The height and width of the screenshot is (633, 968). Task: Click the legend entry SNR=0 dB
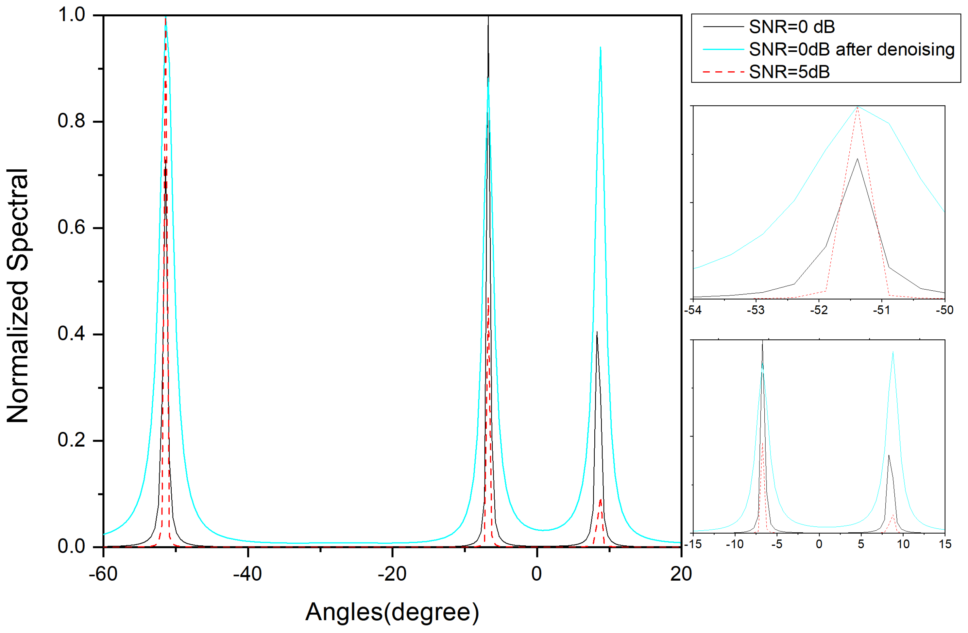pyautogui.click(x=791, y=27)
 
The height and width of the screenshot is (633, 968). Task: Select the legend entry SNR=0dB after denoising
pyautogui.click(x=852, y=49)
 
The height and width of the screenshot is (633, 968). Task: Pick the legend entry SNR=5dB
pyautogui.click(x=789, y=72)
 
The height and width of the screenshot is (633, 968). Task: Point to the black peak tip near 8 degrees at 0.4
pyautogui.click(x=597, y=333)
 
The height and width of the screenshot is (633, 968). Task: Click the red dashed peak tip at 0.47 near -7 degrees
pyautogui.click(x=488, y=298)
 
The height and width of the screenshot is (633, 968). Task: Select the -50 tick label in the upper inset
pyautogui.click(x=944, y=310)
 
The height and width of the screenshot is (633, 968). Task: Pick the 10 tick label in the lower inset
pyautogui.click(x=903, y=544)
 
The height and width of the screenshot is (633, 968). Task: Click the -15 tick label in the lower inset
pyautogui.click(x=693, y=544)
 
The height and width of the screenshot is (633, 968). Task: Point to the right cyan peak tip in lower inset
pyautogui.click(x=893, y=352)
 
